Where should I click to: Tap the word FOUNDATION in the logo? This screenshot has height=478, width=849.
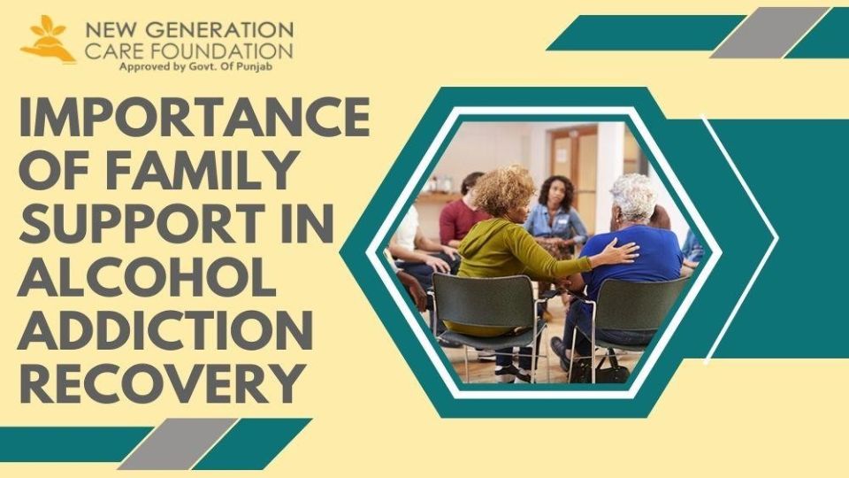coord(221,51)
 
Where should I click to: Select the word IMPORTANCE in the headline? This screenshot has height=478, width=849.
coord(195,117)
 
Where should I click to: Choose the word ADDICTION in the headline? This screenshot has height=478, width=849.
coord(165,328)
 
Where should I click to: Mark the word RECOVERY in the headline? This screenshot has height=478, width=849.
coord(161,382)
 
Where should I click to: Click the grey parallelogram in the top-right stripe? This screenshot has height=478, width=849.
coord(769,33)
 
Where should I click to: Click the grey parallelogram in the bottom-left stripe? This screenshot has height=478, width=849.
coord(178,443)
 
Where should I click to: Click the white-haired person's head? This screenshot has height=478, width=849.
coord(633,198)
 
